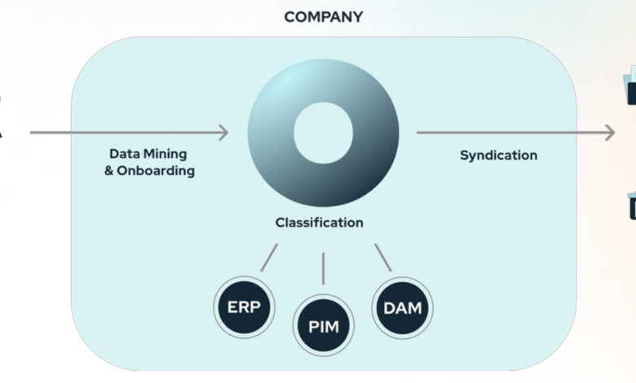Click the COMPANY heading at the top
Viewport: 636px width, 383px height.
(323, 16)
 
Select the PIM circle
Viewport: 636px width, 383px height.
(323, 327)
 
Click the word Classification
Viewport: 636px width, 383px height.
(319, 222)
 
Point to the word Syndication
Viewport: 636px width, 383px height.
(498, 155)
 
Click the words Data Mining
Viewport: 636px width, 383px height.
(148, 153)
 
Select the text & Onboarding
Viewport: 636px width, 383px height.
(149, 171)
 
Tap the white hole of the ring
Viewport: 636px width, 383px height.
(323, 133)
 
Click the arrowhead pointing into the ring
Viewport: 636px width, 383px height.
(223, 132)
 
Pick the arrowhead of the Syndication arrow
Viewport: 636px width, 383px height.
(610, 132)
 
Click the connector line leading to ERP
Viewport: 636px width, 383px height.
(269, 258)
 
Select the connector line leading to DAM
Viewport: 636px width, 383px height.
(382, 258)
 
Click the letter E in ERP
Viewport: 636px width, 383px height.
(231, 309)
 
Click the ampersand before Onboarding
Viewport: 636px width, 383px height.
(109, 171)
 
